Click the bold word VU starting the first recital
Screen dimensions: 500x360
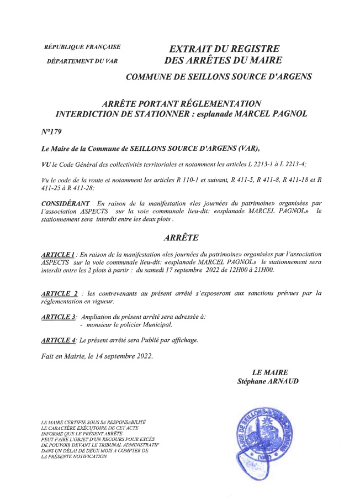click(x=46, y=164)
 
